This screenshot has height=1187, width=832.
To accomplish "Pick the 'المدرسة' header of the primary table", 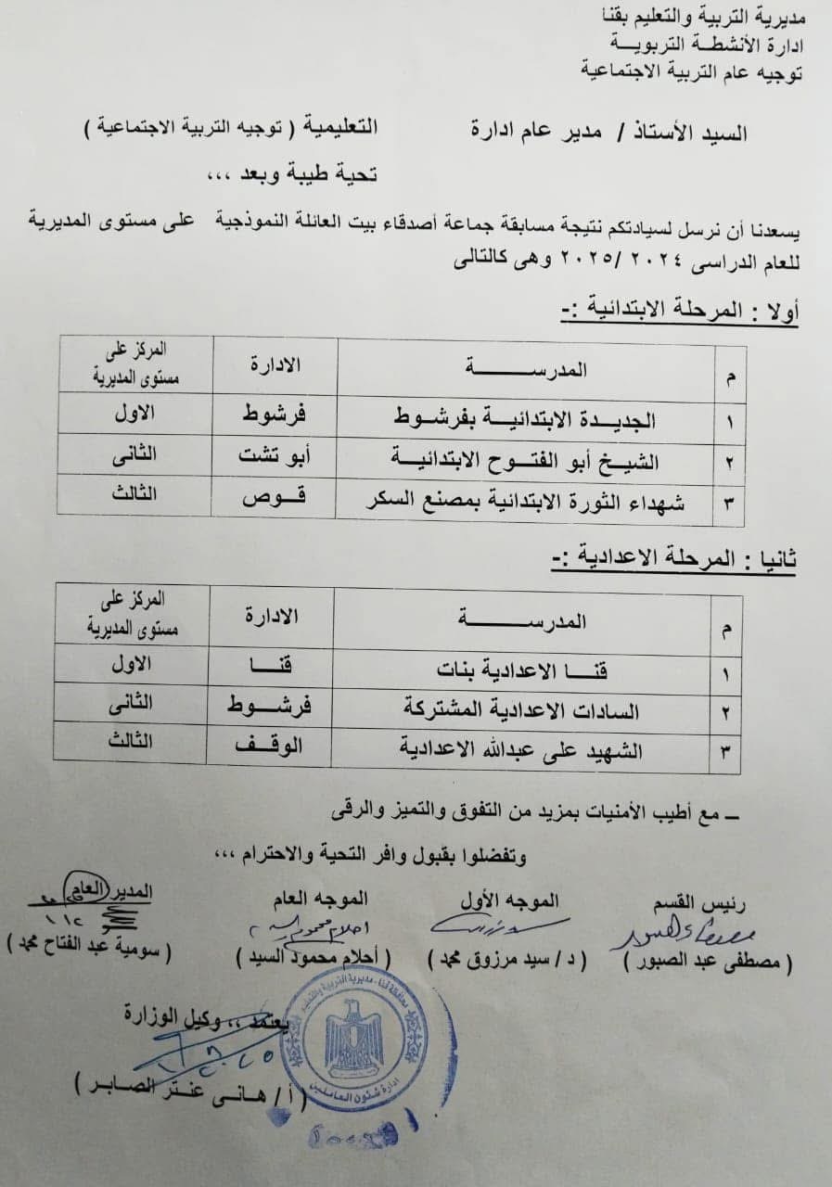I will [527, 368].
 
